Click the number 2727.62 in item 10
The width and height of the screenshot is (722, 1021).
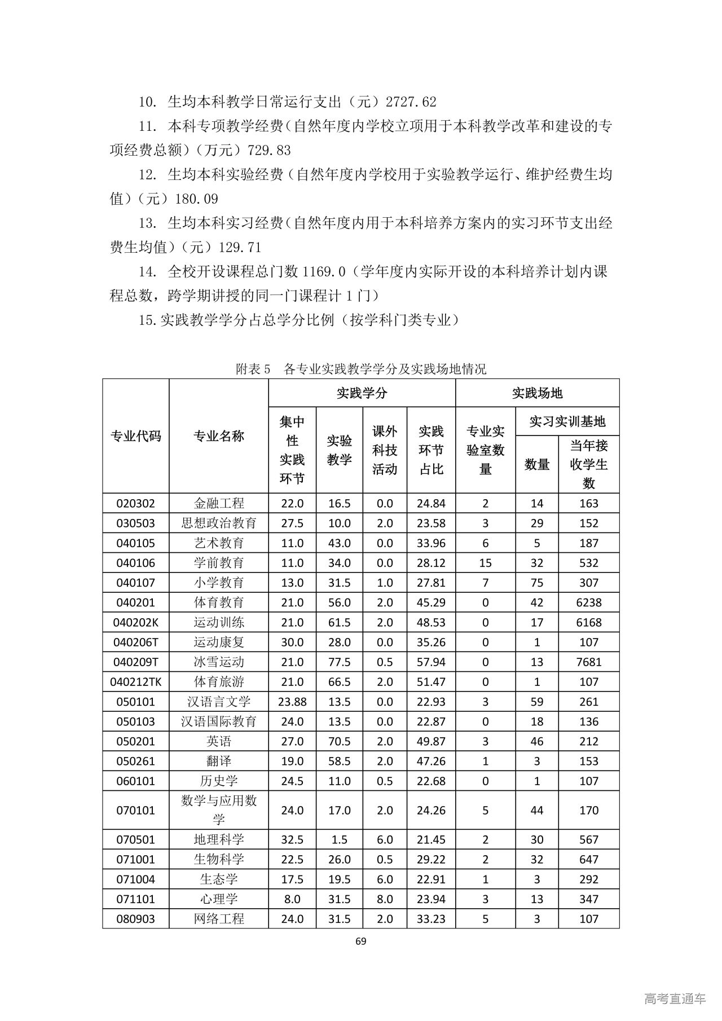[411, 102]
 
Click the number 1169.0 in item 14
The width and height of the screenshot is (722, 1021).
[324, 272]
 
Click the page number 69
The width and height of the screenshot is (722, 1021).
[361, 940]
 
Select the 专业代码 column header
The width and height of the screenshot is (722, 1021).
[135, 436]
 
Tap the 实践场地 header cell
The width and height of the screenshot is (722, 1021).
[537, 393]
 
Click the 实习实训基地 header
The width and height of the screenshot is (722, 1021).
[567, 421]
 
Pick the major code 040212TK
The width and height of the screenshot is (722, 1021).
[135, 681]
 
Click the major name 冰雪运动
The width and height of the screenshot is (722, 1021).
[219, 662]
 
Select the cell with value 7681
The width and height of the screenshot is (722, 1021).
[589, 662]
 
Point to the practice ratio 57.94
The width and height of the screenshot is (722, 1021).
[431, 662]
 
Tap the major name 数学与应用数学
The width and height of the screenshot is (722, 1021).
[219, 810]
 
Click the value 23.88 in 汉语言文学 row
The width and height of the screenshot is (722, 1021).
[292, 702]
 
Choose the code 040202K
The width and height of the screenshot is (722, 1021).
[135, 622]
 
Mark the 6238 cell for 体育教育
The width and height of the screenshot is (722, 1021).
[589, 602]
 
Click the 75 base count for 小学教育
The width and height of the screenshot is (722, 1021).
[537, 583]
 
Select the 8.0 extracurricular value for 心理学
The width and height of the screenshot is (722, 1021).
[384, 899]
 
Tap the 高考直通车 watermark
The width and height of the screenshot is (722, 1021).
[675, 998]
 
